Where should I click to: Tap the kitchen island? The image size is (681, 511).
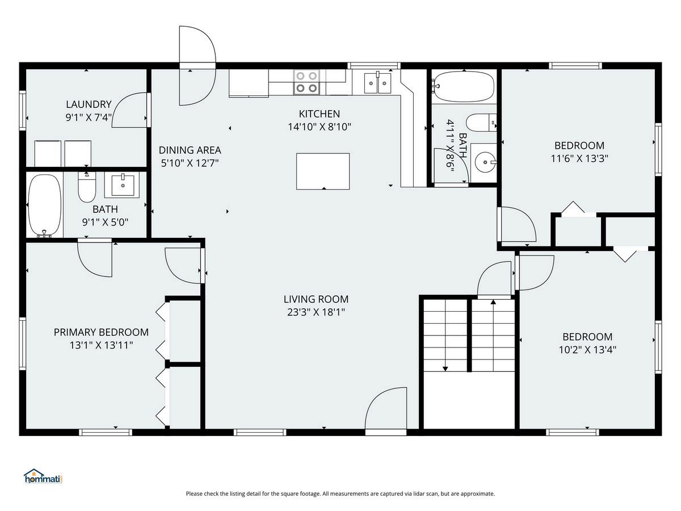coord(323,171)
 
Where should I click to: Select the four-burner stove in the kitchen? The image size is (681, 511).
coord(306,82)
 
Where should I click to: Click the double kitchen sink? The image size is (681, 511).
coord(377,82)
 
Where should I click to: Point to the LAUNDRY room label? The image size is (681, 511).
coord(89,104)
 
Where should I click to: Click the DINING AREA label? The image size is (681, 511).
coord(190,150)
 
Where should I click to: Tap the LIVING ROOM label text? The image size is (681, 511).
coord(316,299)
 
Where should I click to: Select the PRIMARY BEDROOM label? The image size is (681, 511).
coord(101,332)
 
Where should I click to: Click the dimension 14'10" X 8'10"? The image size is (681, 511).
coord(320,127)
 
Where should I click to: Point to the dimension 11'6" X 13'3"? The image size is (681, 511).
coord(579,158)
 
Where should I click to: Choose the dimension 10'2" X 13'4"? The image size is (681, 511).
coord(587,350)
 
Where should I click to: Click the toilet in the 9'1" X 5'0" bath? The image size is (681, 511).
coord(87,187)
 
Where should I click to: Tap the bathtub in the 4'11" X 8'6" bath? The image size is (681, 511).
coord(464,87)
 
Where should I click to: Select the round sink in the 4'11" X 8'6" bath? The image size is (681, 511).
coord(484,162)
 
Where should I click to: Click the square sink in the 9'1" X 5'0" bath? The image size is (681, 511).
coord(122,185)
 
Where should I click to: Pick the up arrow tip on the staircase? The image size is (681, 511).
coord(493,301)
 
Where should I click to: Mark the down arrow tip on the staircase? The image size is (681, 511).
coord(445,369)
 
